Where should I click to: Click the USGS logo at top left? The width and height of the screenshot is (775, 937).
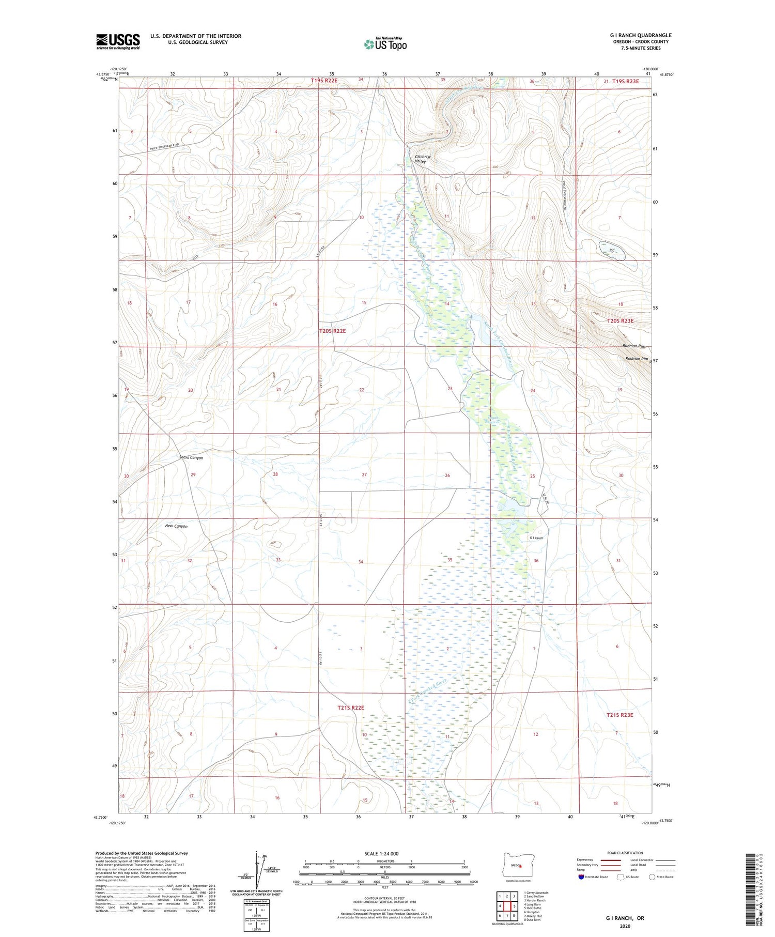[118, 41]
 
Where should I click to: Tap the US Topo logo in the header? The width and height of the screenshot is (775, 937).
[385, 44]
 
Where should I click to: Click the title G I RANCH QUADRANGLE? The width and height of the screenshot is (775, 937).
[640, 35]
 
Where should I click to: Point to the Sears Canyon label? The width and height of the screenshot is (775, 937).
[191, 457]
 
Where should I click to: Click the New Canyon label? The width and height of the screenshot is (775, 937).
[176, 526]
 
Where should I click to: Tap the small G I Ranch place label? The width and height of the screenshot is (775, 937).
[536, 538]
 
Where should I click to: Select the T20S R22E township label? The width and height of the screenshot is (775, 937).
[332, 331]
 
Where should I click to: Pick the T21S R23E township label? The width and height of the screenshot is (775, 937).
[619, 715]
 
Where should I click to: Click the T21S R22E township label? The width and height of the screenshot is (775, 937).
[351, 708]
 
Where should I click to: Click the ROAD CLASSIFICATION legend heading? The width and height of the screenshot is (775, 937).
[625, 853]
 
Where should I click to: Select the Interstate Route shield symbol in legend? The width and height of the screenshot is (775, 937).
[581, 877]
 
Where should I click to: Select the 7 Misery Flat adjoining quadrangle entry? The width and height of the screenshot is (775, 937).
[533, 916]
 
